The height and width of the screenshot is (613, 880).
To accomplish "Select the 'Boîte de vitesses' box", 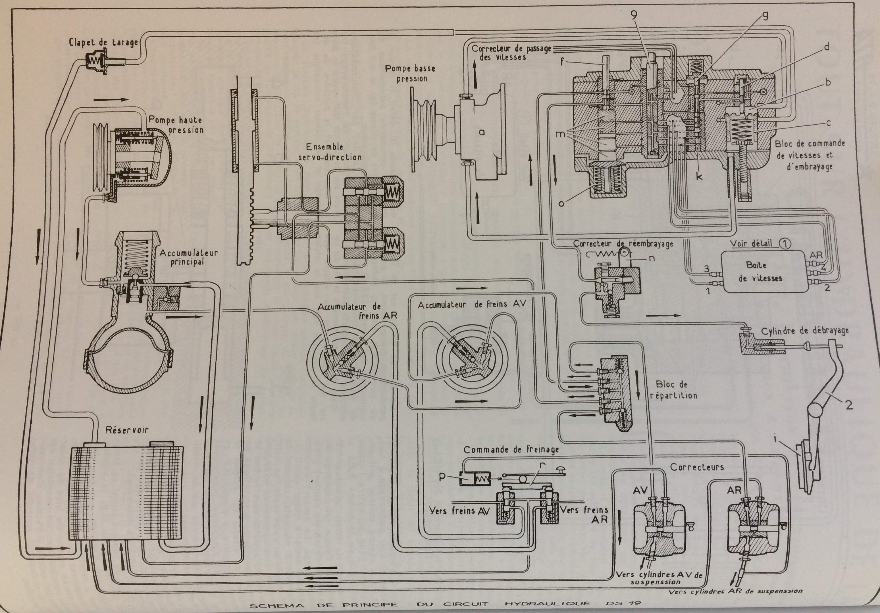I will coord(756,272).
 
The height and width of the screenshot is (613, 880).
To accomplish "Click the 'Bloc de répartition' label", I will coord(676,390).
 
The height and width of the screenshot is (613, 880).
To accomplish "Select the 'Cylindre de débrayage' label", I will coord(804,331).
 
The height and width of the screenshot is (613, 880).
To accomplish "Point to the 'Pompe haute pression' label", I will coord(176,124).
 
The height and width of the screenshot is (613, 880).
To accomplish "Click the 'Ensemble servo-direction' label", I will coord(334,152).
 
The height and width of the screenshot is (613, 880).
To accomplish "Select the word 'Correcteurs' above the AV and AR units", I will coord(697,467).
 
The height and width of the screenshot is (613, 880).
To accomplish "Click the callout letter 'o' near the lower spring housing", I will coord(561,203).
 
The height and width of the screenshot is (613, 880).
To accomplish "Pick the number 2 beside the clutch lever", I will coord(849,405).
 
